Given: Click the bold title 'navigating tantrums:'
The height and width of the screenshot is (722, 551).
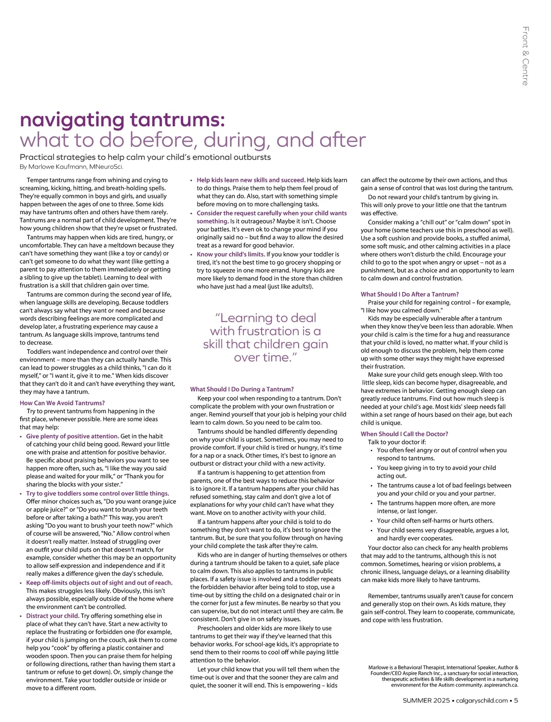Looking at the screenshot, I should click(x=122, y=119).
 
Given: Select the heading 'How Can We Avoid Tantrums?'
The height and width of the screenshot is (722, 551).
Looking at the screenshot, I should click(x=62, y=403).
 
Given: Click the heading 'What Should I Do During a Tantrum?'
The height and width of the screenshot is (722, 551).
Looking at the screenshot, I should click(x=242, y=389).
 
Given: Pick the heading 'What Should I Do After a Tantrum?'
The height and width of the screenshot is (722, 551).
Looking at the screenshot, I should click(x=410, y=294).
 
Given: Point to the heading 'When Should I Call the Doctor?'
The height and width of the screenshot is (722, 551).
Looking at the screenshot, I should click(x=404, y=434).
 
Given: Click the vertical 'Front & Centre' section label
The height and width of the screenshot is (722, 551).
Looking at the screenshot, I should click(x=525, y=56).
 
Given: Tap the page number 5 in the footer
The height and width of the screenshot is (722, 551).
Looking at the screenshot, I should click(x=516, y=700).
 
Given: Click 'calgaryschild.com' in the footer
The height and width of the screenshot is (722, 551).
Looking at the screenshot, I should click(x=482, y=700).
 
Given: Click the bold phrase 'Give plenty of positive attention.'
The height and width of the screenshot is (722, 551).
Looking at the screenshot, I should click(x=73, y=436).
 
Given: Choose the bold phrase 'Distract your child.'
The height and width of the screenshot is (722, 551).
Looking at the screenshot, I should click(x=53, y=616).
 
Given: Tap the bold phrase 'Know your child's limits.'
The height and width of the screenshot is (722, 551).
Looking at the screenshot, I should click(x=231, y=254).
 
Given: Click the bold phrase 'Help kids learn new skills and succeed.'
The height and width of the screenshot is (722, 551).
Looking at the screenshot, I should click(x=251, y=180).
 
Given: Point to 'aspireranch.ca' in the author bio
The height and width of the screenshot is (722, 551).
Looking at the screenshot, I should click(x=501, y=685).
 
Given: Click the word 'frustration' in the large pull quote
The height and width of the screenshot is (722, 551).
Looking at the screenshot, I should click(x=267, y=331).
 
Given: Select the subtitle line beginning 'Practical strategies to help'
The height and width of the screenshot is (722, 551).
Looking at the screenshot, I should click(x=145, y=157).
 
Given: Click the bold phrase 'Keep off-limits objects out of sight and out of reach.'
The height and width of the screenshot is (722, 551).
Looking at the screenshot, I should click(x=99, y=583).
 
